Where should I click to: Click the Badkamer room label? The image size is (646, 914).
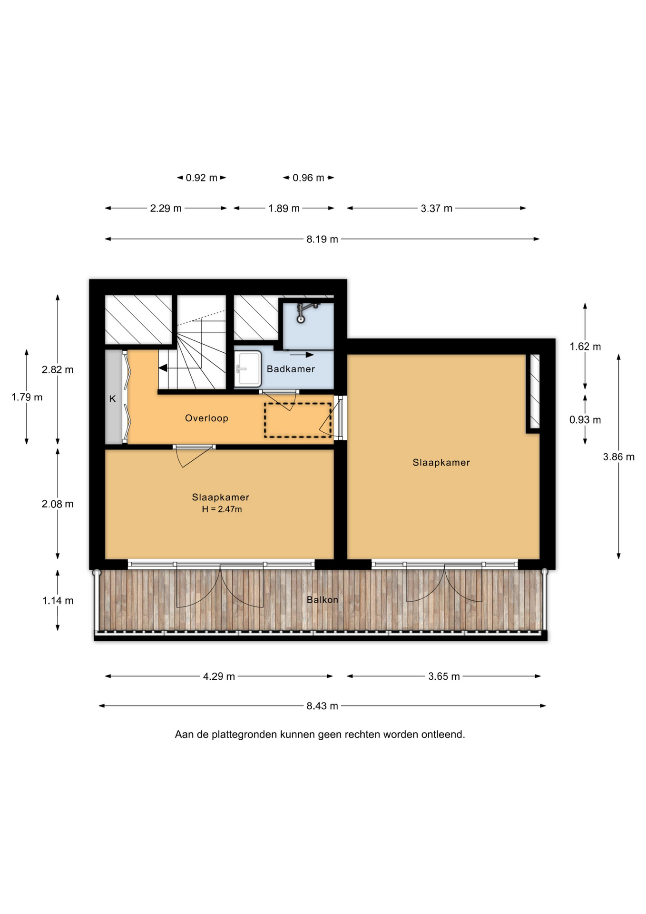pyautogui.click(x=291, y=369)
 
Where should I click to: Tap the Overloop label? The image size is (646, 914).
pyautogui.click(x=206, y=418)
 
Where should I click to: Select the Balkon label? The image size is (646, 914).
pyautogui.click(x=323, y=600)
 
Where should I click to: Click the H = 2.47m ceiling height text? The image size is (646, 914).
pyautogui.click(x=222, y=509)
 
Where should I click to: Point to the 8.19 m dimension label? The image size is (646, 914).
pyautogui.click(x=322, y=239)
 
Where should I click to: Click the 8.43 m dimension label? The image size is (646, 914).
pyautogui.click(x=322, y=706)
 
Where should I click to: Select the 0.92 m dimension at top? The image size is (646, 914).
pyautogui.click(x=201, y=178)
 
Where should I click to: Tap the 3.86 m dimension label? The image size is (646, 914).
pyautogui.click(x=618, y=457)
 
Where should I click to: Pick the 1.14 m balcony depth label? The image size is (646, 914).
pyautogui.click(x=58, y=601)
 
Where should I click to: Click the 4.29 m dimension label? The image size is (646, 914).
pyautogui.click(x=219, y=676)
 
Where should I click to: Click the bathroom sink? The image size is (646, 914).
pyautogui.click(x=248, y=369)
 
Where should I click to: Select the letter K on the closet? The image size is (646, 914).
pyautogui.click(x=113, y=399)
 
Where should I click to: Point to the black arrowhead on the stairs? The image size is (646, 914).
pyautogui.click(x=163, y=368)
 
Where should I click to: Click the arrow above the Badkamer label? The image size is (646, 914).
pyautogui.click(x=302, y=355)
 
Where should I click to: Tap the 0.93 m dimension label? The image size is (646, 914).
pyautogui.click(x=585, y=420)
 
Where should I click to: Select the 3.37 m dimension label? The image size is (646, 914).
pyautogui.click(x=436, y=209)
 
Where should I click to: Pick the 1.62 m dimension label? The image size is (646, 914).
pyautogui.click(x=585, y=347)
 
